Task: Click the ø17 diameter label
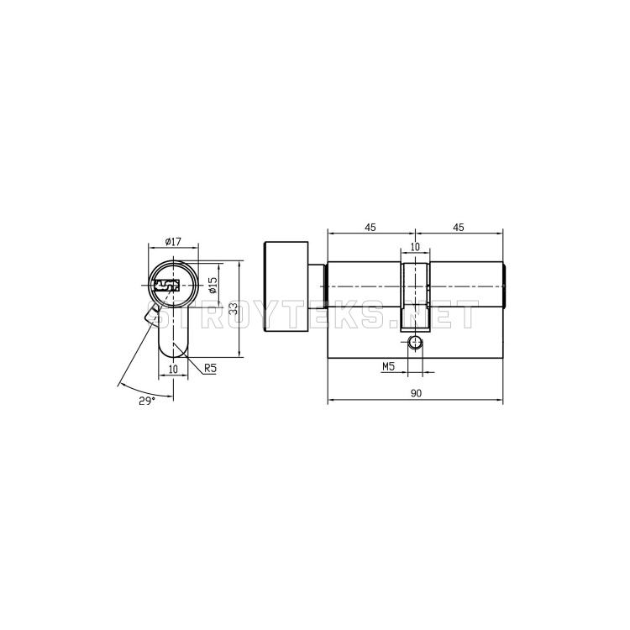[x=174, y=241]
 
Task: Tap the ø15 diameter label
[x=213, y=285]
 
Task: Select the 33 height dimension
[x=233, y=308]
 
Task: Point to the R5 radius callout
[x=210, y=367]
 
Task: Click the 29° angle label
[x=147, y=400]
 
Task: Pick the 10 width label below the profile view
[x=173, y=369]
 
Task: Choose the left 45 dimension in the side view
[x=370, y=228]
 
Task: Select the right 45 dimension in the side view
[x=459, y=228]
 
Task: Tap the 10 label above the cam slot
[x=415, y=246]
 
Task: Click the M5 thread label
[x=388, y=366]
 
